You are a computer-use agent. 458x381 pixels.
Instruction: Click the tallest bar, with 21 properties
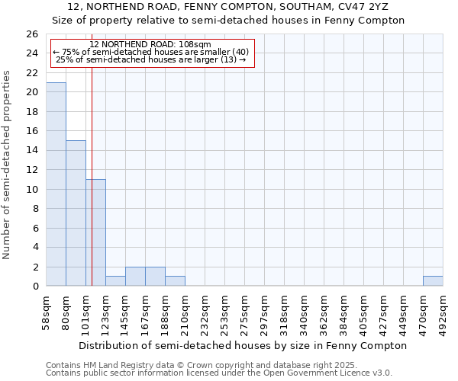pos(56,184)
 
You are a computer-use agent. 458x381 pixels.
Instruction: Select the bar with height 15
pos(76,213)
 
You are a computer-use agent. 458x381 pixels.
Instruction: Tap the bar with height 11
pos(95,232)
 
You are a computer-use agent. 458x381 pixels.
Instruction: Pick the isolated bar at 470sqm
pos(433,281)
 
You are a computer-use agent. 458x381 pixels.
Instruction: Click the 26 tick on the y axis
pos(31,34)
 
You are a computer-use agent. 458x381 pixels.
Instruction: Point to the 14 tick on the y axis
pos(31,151)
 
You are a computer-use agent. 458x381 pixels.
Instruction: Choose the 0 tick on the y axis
pos(34,287)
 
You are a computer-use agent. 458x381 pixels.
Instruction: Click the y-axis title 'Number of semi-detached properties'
pos(8,165)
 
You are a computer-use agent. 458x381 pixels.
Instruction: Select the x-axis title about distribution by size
pos(242,345)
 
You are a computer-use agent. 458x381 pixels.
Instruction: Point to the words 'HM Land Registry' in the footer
pos(116,365)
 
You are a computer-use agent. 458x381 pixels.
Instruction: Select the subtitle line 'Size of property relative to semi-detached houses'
pos(228,21)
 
